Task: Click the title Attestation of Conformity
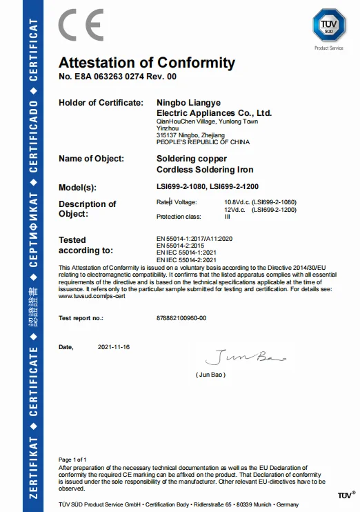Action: [147, 63]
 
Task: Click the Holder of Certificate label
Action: [101, 103]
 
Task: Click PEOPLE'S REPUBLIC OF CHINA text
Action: [203, 142]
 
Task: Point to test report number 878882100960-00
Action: [181, 319]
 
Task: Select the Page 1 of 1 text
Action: [73, 459]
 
